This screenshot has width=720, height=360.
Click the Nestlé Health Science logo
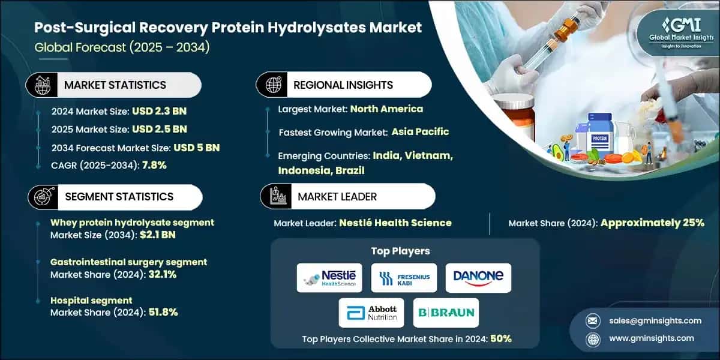(x=329, y=278)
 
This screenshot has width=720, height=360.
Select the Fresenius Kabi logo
(x=404, y=278)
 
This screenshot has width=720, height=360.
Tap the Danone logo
(x=478, y=278)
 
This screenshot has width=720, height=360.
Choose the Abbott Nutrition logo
(x=371, y=313)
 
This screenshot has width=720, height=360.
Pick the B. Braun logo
(x=446, y=313)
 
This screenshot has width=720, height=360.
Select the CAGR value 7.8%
(x=154, y=166)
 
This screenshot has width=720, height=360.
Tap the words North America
(x=386, y=109)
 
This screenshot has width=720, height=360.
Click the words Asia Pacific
(x=420, y=131)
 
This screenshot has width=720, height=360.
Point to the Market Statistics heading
(x=115, y=85)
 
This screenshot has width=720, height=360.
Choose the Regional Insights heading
(x=343, y=85)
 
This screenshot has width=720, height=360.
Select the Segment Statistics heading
(x=119, y=197)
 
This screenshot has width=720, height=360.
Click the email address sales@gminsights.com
(x=646, y=320)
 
